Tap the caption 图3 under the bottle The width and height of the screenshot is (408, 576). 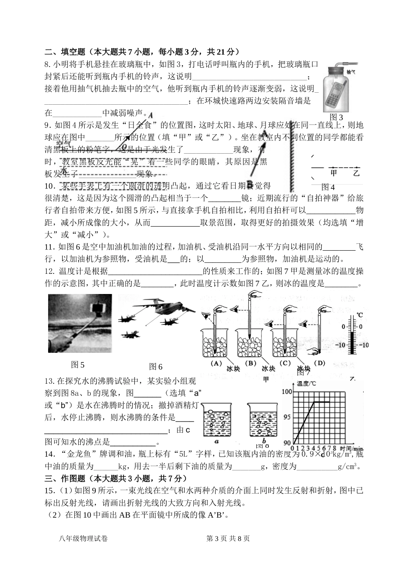click(x=336, y=117)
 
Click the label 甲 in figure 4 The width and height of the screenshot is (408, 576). click(x=334, y=173)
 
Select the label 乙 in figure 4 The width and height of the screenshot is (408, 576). click(x=356, y=173)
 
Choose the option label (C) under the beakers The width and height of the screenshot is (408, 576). click(x=285, y=363)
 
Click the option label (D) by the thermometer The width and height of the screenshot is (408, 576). click(x=320, y=363)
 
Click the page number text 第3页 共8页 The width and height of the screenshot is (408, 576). click(x=228, y=539)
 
